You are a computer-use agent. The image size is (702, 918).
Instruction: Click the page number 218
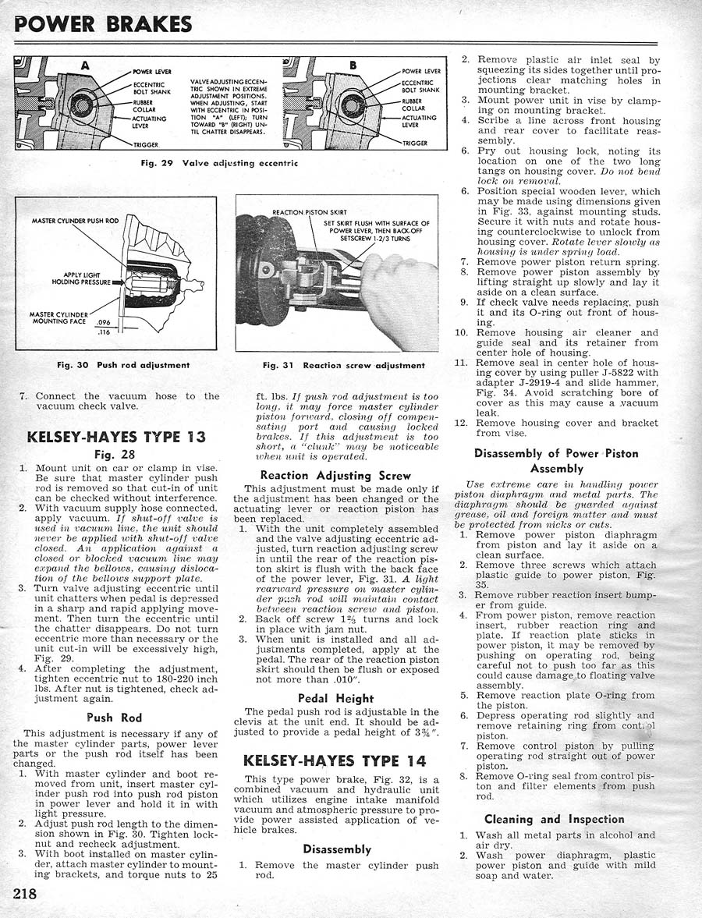pyautogui.click(x=25, y=892)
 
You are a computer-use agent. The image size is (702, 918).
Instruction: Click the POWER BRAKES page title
pyautogui.click(x=103, y=24)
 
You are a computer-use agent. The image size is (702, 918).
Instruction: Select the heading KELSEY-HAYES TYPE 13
pyautogui.click(x=116, y=436)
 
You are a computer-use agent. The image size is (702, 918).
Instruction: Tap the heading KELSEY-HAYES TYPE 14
pyautogui.click(x=335, y=760)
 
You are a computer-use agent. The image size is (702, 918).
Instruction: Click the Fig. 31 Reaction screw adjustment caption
pyautogui.click(x=343, y=364)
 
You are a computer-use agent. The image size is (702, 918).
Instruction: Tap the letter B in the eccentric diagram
pyautogui.click(x=350, y=66)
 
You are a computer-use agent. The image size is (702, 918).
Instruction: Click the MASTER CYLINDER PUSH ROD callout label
pyautogui.click(x=75, y=221)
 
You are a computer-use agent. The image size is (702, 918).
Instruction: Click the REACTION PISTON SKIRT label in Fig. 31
pyautogui.click(x=309, y=212)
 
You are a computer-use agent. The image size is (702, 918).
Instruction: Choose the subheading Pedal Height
pyautogui.click(x=335, y=698)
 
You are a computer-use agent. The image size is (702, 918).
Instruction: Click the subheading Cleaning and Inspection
pyautogui.click(x=554, y=819)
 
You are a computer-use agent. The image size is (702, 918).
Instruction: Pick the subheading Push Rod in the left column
pyautogui.click(x=115, y=718)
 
